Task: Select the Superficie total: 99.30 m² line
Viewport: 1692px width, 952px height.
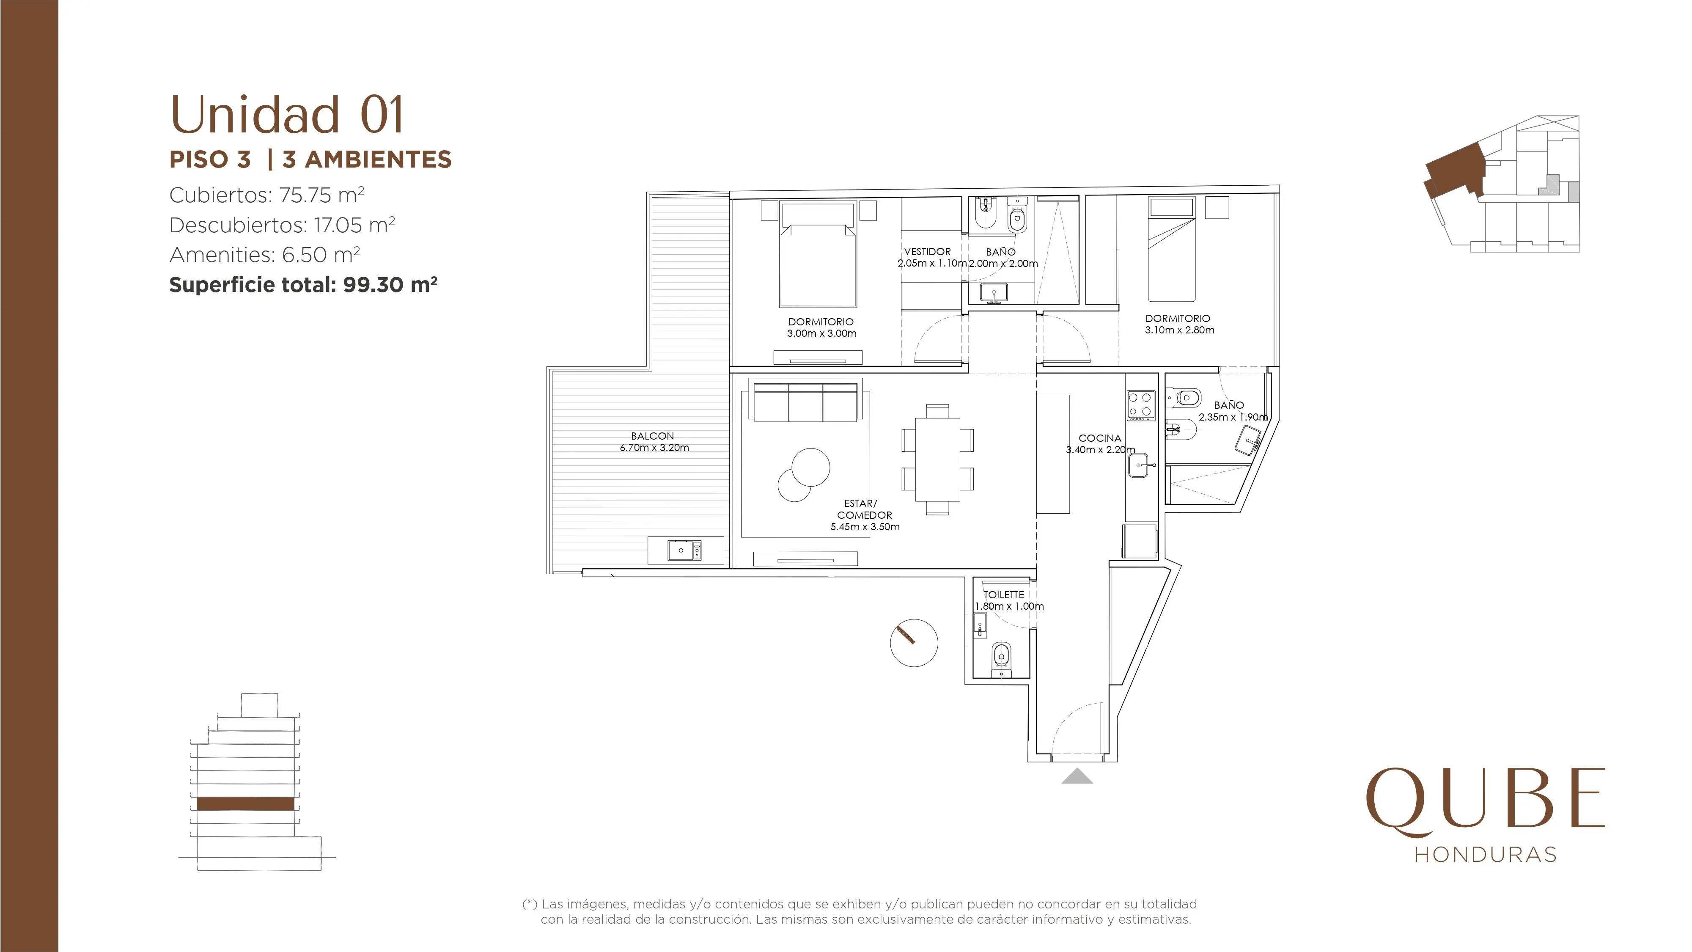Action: point(303,284)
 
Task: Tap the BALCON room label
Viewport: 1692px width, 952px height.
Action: point(652,436)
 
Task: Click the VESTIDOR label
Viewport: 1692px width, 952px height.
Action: point(927,252)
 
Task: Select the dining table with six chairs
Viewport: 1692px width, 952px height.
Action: point(937,459)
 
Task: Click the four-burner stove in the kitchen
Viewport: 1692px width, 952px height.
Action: point(1141,405)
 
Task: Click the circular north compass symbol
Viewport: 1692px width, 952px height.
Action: point(914,643)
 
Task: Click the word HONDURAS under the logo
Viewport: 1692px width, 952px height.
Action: point(1485,854)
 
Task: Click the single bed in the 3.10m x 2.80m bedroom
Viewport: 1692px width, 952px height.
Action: point(1172,250)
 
